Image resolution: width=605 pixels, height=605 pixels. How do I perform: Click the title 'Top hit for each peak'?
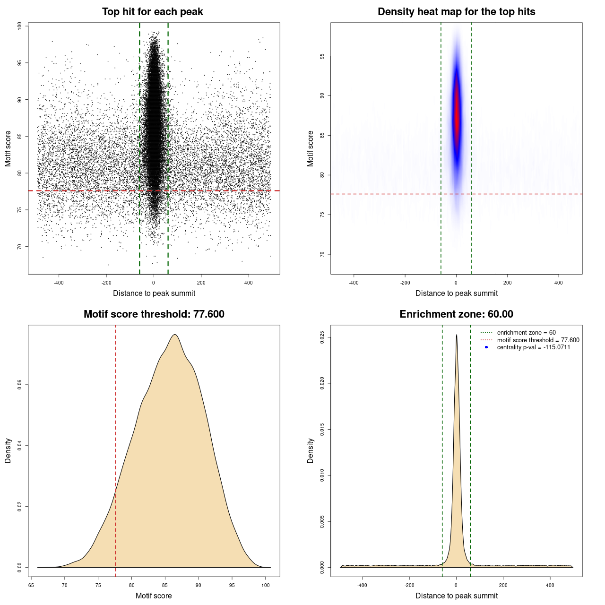point(153,12)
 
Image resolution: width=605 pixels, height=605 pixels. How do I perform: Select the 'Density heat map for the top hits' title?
point(456,12)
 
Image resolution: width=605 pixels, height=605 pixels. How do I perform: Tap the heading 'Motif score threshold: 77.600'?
point(154,314)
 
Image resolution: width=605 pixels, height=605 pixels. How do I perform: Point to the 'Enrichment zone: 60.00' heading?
point(456,314)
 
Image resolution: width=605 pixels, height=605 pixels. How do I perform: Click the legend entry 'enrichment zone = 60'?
point(526,333)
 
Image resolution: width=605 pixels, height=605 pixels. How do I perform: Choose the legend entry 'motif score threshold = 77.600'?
point(538,340)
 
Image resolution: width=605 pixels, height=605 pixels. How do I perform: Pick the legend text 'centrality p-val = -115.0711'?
point(534,347)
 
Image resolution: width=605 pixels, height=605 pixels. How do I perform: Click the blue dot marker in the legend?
point(486,347)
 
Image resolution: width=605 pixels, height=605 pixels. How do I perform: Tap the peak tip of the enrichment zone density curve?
point(457,335)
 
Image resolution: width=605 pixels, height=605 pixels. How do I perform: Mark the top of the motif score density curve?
point(175,335)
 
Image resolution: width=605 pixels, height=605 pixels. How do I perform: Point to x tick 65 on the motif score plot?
point(31,585)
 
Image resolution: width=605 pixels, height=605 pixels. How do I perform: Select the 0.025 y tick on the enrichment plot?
point(322,337)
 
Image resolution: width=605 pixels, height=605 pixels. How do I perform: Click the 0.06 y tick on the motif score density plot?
point(20,385)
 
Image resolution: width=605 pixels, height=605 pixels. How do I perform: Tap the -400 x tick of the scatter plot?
point(59,283)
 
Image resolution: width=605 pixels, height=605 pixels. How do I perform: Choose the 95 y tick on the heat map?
point(322,56)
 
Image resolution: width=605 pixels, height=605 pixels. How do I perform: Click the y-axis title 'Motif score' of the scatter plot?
point(8,148)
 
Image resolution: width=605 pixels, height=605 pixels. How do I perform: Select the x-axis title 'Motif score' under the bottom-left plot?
point(154,596)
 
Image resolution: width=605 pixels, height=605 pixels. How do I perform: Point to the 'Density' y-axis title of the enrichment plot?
point(311,450)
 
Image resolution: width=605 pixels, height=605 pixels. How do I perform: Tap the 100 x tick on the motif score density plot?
point(266,585)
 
